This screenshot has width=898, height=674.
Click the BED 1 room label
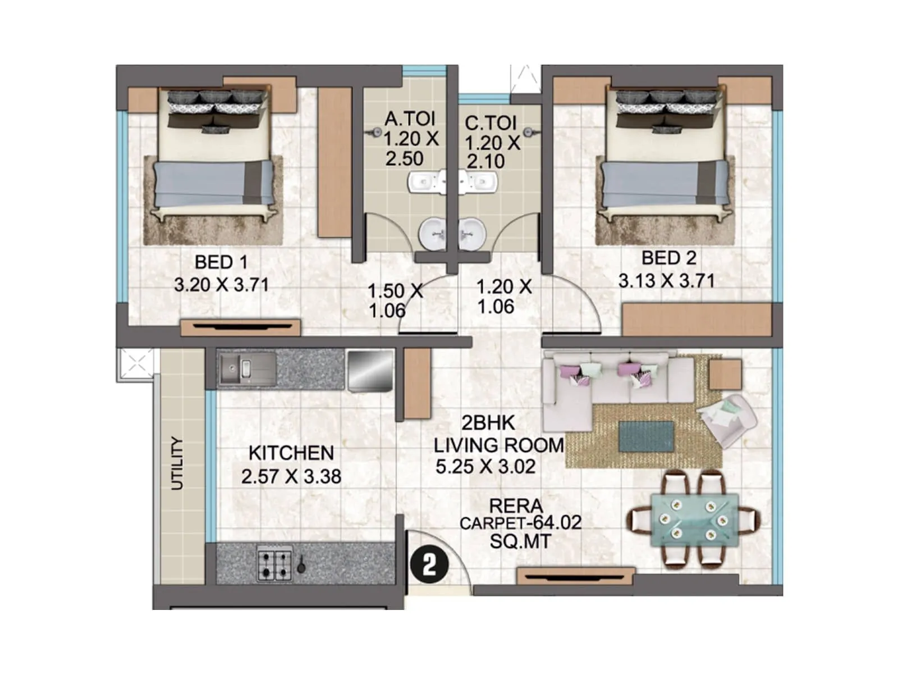(221, 262)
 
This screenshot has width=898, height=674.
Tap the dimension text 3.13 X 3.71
(666, 280)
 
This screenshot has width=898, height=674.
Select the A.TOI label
(410, 119)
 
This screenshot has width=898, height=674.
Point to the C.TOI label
(490, 122)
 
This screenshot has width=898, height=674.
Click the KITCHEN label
(291, 453)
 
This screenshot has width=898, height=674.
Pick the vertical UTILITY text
(177, 463)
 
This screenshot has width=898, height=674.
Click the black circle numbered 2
(429, 565)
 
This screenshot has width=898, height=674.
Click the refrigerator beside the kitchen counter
(370, 370)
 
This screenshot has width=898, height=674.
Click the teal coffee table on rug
(646, 436)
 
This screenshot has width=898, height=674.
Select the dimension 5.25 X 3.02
(485, 467)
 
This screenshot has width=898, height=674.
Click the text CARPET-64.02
(520, 523)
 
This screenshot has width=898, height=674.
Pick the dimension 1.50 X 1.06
(395, 300)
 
